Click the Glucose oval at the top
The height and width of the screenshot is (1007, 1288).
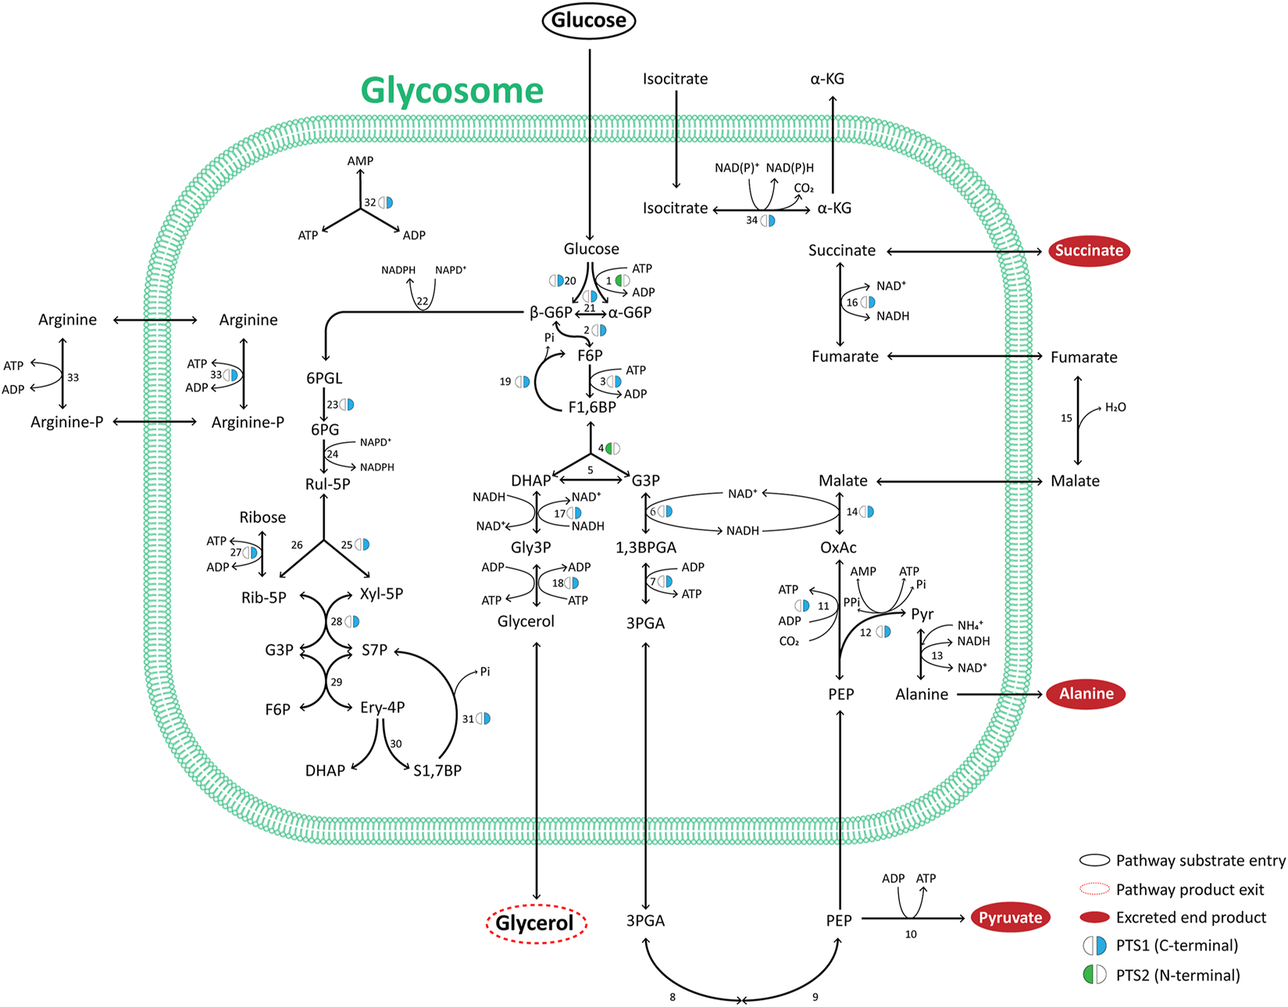589,20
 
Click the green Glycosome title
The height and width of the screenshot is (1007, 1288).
451,91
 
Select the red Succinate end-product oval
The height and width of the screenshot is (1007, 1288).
1089,251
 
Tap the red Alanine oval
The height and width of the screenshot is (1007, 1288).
1086,694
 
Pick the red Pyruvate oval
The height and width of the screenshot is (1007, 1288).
1010,918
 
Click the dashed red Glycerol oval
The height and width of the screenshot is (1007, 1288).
535,923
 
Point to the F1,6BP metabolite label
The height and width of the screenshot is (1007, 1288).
591,407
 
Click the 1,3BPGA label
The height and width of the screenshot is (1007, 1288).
645,548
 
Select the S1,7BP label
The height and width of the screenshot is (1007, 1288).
437,770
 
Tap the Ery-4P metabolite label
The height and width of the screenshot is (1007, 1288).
382,708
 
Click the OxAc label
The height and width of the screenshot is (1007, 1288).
838,548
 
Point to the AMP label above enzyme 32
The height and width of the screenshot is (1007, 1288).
360,160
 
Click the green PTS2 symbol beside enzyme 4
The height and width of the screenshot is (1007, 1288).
613,448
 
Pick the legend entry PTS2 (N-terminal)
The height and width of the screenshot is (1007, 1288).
1177,975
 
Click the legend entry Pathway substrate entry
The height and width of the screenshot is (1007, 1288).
1200,860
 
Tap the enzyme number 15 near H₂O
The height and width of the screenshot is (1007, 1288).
1066,419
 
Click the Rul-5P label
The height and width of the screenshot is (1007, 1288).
327,484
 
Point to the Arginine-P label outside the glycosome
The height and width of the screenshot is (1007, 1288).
66,423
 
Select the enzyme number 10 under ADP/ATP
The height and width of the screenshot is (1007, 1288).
911,934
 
